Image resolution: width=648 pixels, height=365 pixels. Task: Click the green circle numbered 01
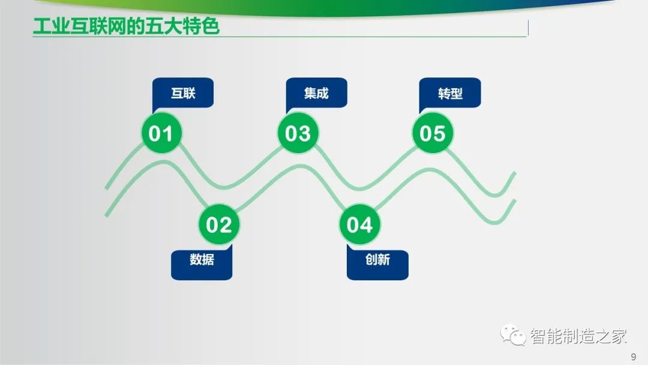tap(161, 133)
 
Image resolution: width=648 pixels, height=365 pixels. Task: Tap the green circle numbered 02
tap(219, 225)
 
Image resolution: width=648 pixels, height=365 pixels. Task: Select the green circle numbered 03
tap(298, 133)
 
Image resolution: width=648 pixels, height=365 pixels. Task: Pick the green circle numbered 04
tap(359, 225)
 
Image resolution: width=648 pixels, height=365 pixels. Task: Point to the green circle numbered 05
tap(433, 133)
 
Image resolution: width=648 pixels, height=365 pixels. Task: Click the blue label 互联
tap(183, 94)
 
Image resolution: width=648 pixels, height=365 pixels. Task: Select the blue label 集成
tap(317, 94)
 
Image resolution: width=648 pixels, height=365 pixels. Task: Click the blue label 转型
tap(450, 94)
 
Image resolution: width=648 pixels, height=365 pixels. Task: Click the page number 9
tap(634, 357)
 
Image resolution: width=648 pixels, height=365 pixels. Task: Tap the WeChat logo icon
tap(513, 335)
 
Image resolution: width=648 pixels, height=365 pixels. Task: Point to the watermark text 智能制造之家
tap(578, 336)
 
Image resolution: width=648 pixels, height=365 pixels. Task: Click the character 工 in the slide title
tap(42, 26)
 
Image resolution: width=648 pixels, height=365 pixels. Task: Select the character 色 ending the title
tap(210, 26)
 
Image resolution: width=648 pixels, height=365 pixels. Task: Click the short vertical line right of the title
tap(528, 28)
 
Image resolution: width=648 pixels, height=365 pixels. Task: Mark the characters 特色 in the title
tap(201, 26)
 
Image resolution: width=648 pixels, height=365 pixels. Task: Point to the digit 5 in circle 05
tap(440, 133)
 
